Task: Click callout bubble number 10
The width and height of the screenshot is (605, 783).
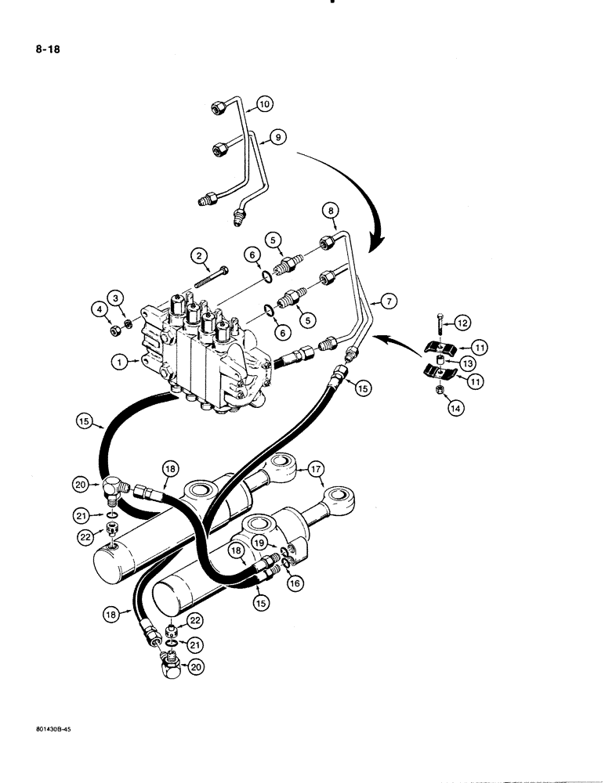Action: (x=264, y=103)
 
